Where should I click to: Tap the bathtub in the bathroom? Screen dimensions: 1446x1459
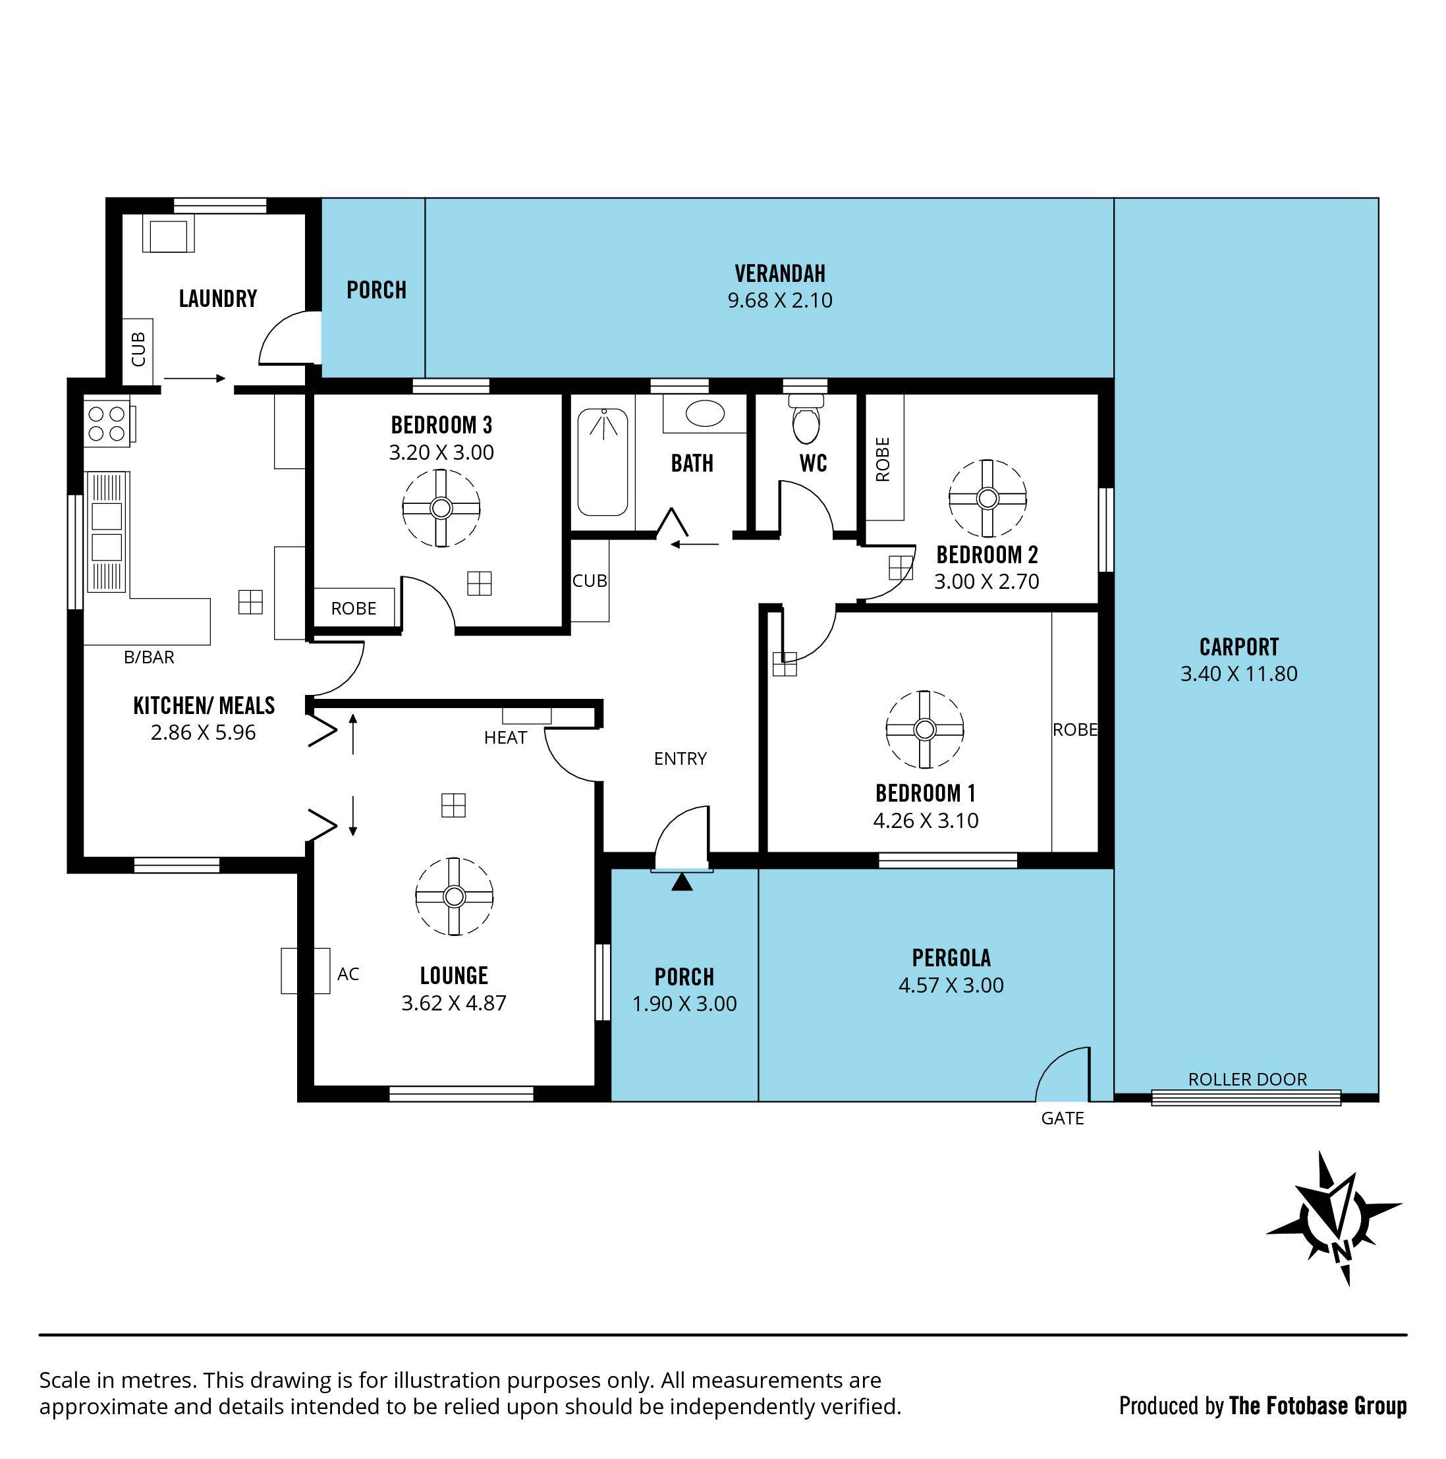(602, 462)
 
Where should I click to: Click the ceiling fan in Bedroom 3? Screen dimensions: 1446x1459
(441, 507)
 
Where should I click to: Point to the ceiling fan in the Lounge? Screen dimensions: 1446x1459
(454, 896)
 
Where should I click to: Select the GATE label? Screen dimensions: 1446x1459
(1062, 1118)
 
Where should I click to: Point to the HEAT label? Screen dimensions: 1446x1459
(505, 738)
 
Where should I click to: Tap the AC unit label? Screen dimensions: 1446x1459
(347, 974)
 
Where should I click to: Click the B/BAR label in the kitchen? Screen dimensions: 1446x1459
(149, 657)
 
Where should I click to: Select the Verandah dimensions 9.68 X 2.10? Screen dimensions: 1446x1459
(779, 300)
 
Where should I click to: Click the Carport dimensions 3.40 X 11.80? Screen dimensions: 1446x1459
(1238, 674)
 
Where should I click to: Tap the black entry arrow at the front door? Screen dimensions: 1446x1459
(682, 882)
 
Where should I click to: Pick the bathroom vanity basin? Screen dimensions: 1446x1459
(704, 413)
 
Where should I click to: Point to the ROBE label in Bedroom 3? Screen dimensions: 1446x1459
(353, 609)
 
